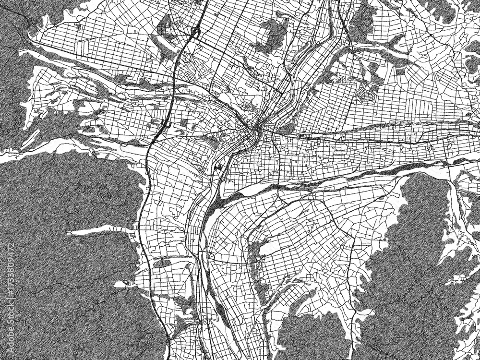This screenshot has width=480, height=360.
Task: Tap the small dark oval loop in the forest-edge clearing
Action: pos(127,283)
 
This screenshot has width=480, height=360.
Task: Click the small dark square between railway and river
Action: pos(219,168)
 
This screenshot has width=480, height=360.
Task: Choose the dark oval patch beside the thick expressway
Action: pos(163,263)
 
